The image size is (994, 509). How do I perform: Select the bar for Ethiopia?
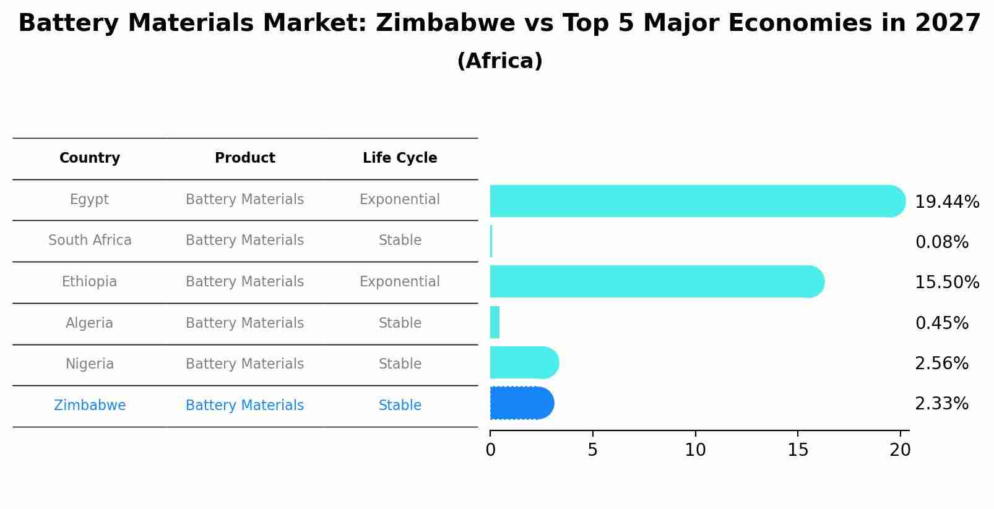coord(656,281)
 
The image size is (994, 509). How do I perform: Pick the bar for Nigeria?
coord(524,362)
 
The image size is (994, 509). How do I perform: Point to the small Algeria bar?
coord(495,322)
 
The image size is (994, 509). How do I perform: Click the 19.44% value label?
coord(946,202)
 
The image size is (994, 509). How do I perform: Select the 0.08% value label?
coord(941,242)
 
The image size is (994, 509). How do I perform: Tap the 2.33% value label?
coord(941,404)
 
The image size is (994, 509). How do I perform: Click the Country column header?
coord(90,158)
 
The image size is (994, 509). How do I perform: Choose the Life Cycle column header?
coord(400,158)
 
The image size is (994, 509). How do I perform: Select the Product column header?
coord(244,158)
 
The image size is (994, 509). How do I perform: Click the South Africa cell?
coord(90,241)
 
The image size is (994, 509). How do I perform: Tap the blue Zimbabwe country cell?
coord(90,406)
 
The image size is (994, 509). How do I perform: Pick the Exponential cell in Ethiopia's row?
coord(399,282)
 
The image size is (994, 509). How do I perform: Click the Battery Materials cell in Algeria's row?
coord(244,323)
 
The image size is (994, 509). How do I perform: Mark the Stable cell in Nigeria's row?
coord(400,364)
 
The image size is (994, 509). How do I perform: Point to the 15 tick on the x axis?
coord(798,450)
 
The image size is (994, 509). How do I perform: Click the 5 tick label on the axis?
coord(592,450)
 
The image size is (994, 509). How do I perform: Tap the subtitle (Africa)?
coord(499,61)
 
